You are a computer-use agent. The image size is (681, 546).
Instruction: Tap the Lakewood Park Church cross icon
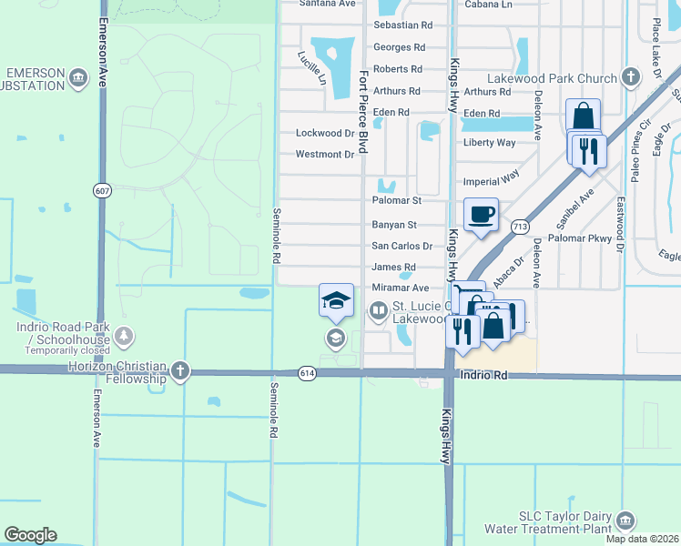coord(630,78)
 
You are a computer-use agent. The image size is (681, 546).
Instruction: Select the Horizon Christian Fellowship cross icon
coord(180,370)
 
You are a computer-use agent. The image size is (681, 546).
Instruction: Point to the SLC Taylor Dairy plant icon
coord(625,521)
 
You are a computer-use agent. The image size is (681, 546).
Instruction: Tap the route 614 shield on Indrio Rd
coord(307,373)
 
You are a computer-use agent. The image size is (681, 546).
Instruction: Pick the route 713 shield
coord(520,226)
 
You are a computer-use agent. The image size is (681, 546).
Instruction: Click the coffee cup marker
coord(482,215)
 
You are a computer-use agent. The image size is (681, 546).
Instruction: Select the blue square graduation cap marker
coord(335,300)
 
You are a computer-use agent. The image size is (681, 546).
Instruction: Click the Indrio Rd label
coord(483,374)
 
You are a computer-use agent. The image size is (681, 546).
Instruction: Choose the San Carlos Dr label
coord(401,246)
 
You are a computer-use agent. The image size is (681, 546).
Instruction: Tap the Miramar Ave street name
coord(400,288)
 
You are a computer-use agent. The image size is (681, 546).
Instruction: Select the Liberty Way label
coord(490,143)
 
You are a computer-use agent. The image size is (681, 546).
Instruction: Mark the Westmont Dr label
coord(325,155)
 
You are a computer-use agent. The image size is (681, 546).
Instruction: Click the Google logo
coord(30,535)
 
